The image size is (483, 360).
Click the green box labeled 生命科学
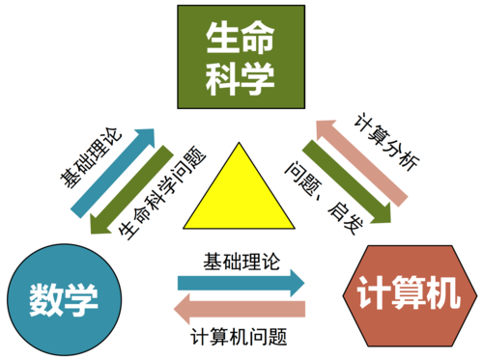(241, 57)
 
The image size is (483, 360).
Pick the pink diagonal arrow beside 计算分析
(364, 164)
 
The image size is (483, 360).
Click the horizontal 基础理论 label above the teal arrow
(241, 262)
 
